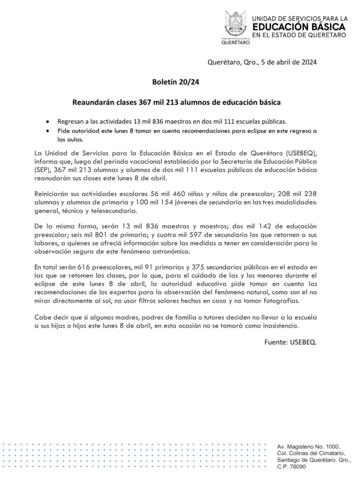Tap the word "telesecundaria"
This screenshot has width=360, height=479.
[111, 211]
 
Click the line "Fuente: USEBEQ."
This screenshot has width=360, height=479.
[290, 342]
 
